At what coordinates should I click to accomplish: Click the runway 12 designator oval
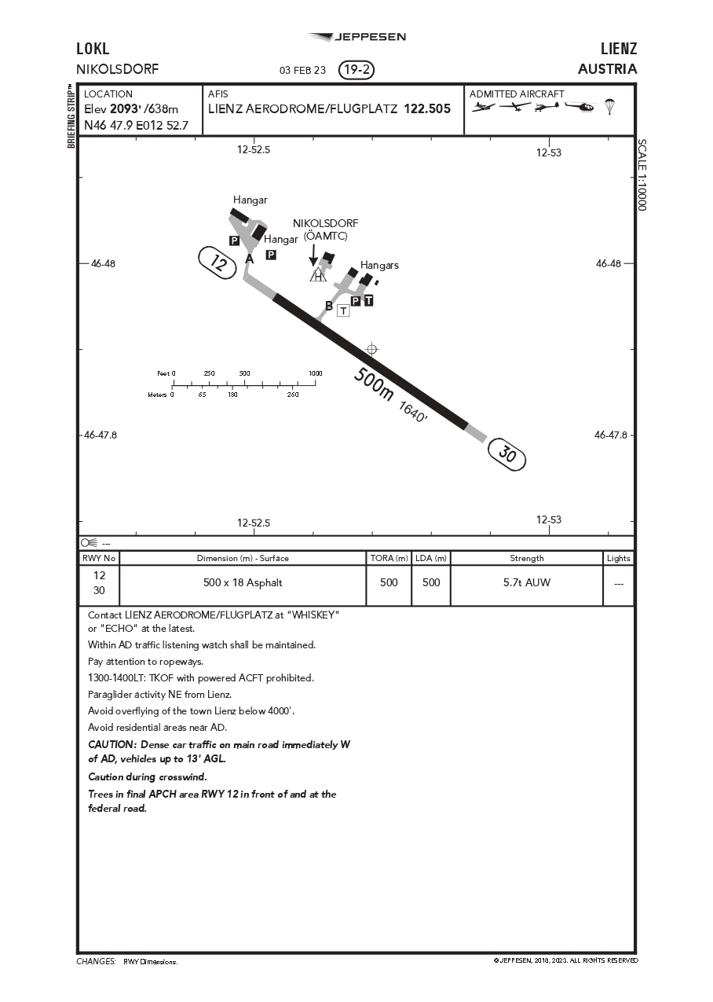(x=218, y=262)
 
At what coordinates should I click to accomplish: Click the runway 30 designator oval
(x=506, y=455)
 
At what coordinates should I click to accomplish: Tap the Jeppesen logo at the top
(x=357, y=37)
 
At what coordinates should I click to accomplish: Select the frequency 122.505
(x=427, y=109)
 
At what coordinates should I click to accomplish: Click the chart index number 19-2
(x=356, y=70)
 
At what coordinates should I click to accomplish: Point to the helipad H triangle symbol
(x=318, y=275)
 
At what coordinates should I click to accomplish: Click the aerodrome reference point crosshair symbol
(x=372, y=349)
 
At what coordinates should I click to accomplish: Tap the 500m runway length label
(x=374, y=384)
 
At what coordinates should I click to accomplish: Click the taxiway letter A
(x=250, y=259)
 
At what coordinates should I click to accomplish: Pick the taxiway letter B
(x=329, y=306)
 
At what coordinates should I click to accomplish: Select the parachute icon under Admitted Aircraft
(x=609, y=107)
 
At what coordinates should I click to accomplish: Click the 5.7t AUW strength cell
(x=527, y=582)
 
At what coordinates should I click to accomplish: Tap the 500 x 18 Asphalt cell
(x=243, y=582)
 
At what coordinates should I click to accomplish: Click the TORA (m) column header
(x=389, y=558)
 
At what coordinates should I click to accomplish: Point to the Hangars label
(x=379, y=265)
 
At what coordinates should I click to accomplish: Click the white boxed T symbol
(x=343, y=310)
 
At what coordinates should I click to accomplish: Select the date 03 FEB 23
(x=302, y=70)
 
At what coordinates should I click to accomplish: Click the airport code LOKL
(x=93, y=50)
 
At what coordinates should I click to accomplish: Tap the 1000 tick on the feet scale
(x=315, y=374)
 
